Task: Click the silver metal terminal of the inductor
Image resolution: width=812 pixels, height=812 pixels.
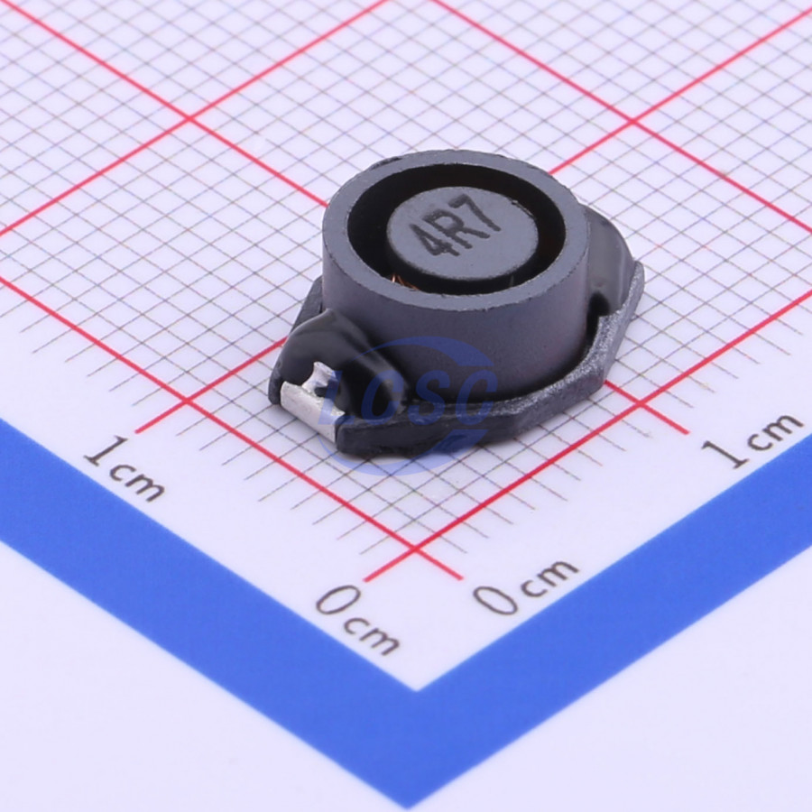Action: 309,399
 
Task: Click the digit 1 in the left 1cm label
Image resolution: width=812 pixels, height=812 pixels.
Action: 107,452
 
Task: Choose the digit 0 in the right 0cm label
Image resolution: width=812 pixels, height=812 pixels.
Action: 495,596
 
